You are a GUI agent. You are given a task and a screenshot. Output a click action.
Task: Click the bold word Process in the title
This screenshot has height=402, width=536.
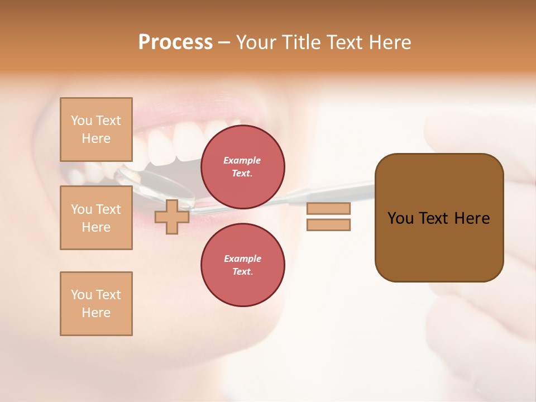click(175, 42)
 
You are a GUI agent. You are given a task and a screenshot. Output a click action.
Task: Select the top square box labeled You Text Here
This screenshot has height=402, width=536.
click(96, 130)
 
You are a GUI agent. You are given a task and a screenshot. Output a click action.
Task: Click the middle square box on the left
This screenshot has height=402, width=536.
click(96, 218)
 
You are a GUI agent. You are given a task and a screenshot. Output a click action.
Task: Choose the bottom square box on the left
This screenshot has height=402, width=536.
click(96, 304)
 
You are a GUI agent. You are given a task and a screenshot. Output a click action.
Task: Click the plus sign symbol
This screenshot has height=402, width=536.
click(172, 217)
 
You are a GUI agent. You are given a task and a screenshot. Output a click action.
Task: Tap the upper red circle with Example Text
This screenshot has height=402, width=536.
click(242, 166)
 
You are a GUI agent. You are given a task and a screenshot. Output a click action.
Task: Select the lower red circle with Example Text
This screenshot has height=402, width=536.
click(242, 265)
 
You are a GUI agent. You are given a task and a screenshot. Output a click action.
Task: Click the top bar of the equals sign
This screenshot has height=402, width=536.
click(328, 208)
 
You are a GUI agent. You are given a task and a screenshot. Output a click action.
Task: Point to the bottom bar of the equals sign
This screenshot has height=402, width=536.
click(328, 224)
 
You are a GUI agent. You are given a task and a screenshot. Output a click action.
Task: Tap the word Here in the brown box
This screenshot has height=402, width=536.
click(472, 218)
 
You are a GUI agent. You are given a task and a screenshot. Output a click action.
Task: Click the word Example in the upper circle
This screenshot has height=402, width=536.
click(242, 160)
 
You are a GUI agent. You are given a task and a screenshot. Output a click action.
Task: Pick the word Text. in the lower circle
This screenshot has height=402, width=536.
click(242, 271)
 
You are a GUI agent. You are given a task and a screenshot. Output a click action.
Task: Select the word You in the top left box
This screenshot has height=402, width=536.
click(80, 121)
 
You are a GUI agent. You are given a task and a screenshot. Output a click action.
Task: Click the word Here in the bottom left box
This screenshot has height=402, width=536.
click(96, 313)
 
